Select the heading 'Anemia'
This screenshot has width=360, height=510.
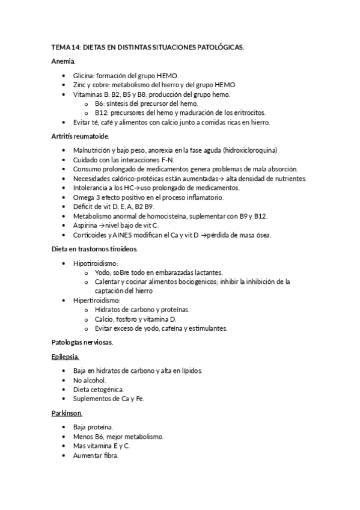(63, 61)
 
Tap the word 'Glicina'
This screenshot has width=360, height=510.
(83, 76)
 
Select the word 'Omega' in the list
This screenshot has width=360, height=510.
(83, 197)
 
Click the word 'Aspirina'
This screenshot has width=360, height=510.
(84, 225)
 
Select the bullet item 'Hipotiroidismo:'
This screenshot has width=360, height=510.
(96, 263)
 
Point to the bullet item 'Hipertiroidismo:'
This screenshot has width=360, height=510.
(97, 300)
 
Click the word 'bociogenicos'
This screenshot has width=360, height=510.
(196, 281)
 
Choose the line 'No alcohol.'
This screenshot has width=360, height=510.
(90, 381)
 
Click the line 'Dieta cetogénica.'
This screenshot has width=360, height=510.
(99, 390)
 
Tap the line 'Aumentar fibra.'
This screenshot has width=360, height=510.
(96, 455)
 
